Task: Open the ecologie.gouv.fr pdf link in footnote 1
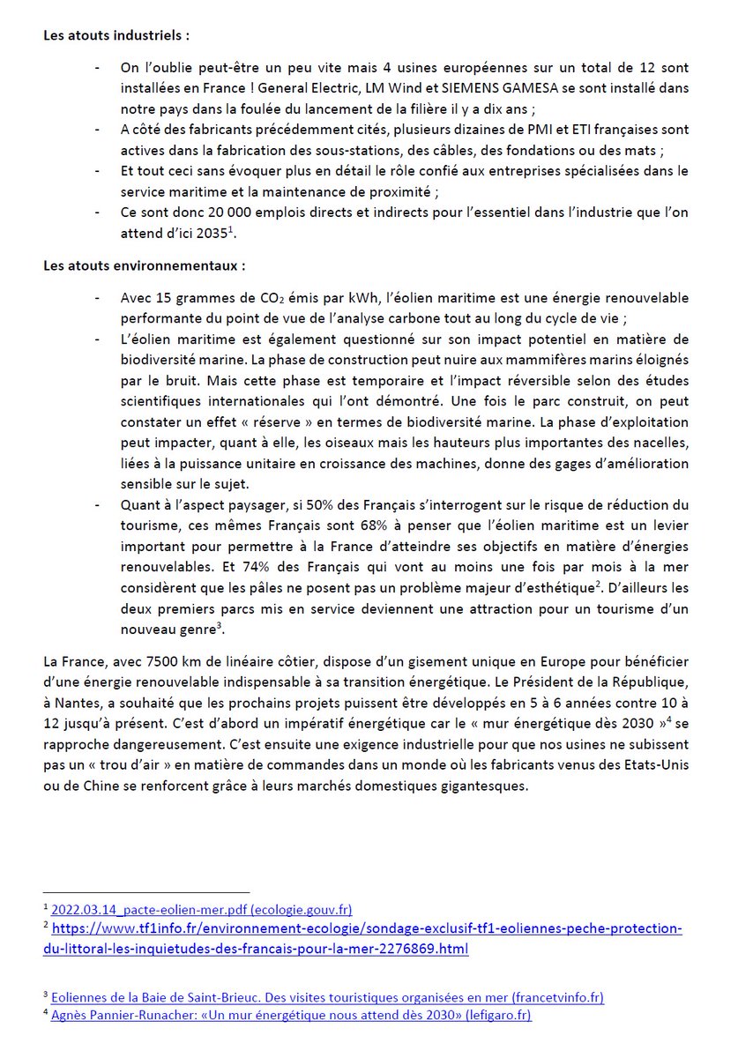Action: click(x=202, y=909)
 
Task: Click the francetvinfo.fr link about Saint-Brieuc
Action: click(x=328, y=997)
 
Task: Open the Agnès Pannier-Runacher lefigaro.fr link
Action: click(x=291, y=1015)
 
